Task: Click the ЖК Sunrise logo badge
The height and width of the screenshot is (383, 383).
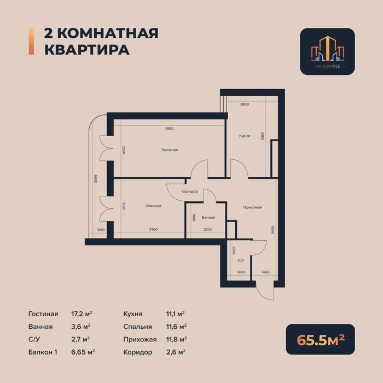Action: coord(327,51)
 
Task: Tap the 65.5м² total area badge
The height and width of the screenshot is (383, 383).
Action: coord(320,339)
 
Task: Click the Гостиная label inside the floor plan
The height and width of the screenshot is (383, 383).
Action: coord(170,150)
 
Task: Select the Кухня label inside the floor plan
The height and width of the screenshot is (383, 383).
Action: coord(245,135)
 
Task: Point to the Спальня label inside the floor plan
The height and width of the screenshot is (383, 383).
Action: coord(153,206)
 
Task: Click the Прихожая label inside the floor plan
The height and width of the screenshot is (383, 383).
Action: coord(253,207)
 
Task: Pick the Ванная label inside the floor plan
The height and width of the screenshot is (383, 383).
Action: coord(208,218)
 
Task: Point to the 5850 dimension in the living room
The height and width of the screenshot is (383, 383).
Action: coord(170,129)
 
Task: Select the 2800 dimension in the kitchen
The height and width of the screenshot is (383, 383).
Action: coord(245,104)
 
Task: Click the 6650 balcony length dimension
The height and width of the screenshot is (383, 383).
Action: coord(95,178)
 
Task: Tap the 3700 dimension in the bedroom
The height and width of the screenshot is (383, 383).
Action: coord(153,230)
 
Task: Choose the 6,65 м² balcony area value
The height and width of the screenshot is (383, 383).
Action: coord(84,352)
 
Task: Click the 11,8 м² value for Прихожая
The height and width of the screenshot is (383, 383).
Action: coord(176,339)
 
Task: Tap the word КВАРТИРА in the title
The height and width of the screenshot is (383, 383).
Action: coord(86,49)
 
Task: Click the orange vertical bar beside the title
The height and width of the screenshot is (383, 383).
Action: coord(31,41)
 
